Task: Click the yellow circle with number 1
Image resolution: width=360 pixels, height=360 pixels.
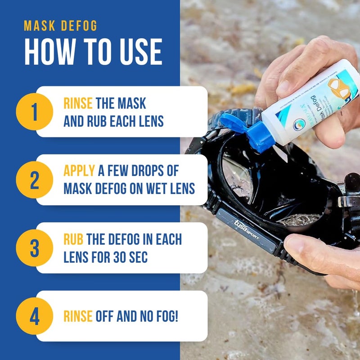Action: [x=35, y=112]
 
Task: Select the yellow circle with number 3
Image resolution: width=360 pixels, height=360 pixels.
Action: [x=35, y=248]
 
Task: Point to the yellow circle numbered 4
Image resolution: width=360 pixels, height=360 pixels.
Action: [x=35, y=316]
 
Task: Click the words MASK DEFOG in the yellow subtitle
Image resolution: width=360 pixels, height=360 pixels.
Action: [x=60, y=26]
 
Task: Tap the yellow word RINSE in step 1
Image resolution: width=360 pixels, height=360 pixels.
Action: [x=78, y=103]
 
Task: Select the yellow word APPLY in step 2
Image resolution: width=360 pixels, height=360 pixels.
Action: [x=79, y=171]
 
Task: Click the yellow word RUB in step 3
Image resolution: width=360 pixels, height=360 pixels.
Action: [x=73, y=239]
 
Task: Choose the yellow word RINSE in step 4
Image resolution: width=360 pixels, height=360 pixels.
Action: [x=78, y=316]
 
